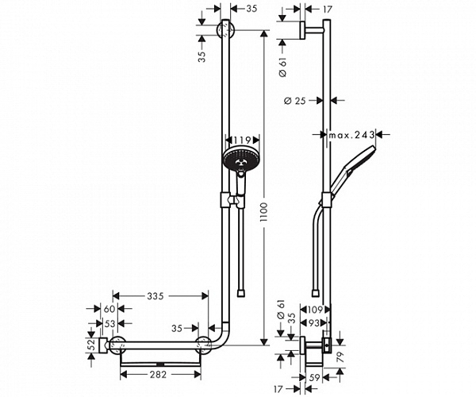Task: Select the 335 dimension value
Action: pos(155,296)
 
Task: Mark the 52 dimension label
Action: pos(91,345)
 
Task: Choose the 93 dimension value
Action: pos(316,324)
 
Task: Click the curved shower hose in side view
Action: pos(313,238)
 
